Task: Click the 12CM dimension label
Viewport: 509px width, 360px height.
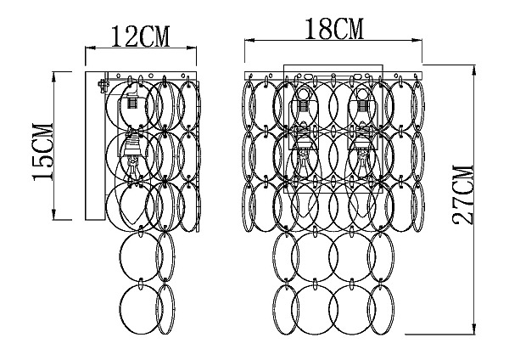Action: click(x=140, y=37)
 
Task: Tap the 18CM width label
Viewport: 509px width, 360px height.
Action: click(x=333, y=29)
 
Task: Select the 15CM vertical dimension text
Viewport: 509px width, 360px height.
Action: click(x=42, y=152)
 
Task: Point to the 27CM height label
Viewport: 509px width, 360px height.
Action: click(x=463, y=195)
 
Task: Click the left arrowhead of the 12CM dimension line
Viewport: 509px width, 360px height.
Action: click(x=90, y=48)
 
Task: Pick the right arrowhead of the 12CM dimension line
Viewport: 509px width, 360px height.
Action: click(x=192, y=48)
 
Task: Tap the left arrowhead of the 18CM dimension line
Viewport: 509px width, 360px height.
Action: click(x=249, y=40)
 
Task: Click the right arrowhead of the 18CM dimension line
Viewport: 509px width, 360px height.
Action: click(x=417, y=40)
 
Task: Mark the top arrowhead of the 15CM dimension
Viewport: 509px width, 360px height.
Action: click(x=54, y=76)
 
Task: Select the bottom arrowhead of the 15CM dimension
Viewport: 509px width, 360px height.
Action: click(x=54, y=215)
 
